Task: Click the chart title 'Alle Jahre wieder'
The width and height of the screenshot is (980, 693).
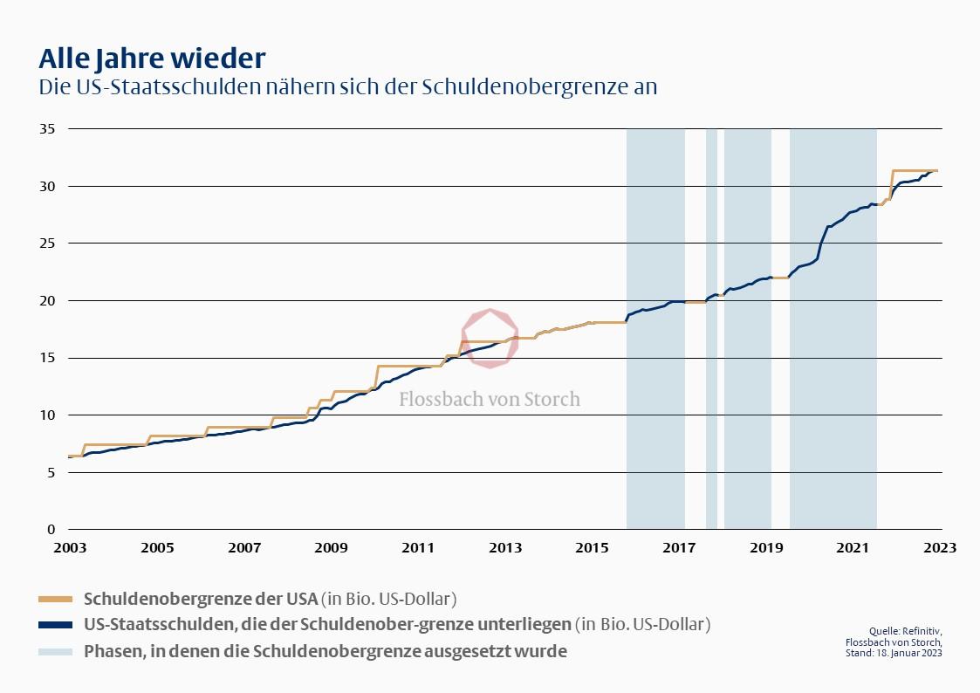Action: click(152, 58)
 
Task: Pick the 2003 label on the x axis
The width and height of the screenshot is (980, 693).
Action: click(70, 548)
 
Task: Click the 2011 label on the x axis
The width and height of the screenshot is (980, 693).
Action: click(418, 548)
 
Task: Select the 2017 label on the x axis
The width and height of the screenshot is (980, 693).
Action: click(679, 548)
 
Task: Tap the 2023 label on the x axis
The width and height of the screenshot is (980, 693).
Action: click(940, 548)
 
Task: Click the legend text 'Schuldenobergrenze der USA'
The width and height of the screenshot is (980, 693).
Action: click(200, 599)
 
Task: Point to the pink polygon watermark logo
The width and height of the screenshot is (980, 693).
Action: click(490, 338)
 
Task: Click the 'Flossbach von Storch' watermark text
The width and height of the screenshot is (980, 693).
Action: click(490, 400)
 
